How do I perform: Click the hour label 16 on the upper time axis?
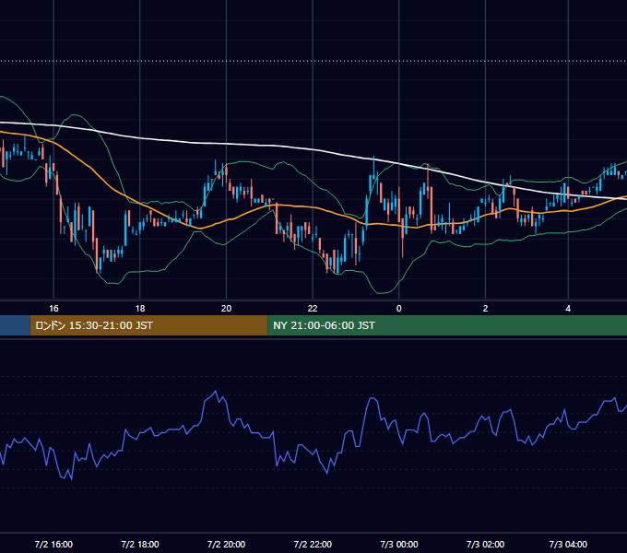coord(53,309)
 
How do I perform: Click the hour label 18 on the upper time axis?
coord(140,309)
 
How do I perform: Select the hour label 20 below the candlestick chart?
coord(226,309)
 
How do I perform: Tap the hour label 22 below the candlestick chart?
coord(313,309)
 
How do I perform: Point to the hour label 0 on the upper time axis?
coord(398,309)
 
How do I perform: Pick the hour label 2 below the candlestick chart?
coord(485,309)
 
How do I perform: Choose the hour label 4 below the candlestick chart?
coord(568,309)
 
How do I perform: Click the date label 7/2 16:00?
coord(53,544)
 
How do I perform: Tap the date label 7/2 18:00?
coord(140,544)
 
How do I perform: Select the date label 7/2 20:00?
coord(226,544)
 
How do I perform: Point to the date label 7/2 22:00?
coord(313,544)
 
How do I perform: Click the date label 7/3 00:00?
coord(399,544)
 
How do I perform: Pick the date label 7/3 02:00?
coord(485,544)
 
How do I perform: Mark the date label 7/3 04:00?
coord(568,544)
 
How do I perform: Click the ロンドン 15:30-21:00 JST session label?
coord(94,325)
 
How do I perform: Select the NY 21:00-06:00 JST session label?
coord(324,325)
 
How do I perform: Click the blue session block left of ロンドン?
coord(15,325)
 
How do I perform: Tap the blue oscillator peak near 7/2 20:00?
coord(216,391)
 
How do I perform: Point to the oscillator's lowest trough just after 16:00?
coord(72,479)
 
